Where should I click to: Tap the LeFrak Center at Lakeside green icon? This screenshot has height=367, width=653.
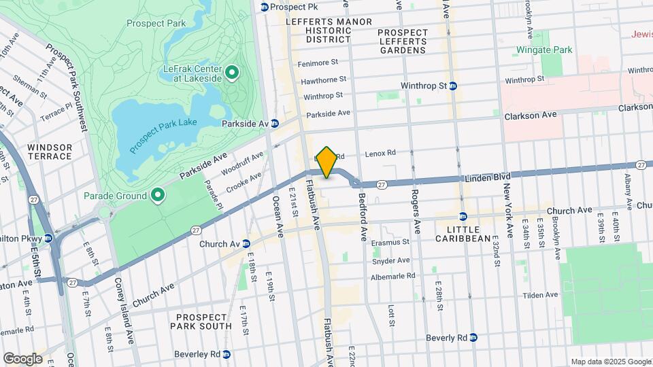[x=231, y=73]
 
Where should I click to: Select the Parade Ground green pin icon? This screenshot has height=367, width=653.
[x=158, y=196]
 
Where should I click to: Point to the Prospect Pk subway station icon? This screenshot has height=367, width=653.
[x=265, y=7]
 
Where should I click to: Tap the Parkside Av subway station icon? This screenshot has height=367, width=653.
[x=275, y=124]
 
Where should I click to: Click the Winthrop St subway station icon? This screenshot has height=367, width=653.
[x=453, y=86]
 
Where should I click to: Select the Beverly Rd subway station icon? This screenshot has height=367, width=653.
[x=475, y=338]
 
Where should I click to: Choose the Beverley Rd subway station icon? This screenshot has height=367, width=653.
[x=227, y=354]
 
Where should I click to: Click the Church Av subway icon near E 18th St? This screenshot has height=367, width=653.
[x=246, y=244]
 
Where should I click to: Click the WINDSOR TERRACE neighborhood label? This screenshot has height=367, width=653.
[x=50, y=152]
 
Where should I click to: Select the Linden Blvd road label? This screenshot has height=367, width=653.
[x=488, y=177]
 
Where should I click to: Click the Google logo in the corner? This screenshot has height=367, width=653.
[x=22, y=358]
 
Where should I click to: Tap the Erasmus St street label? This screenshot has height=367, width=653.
[x=390, y=241]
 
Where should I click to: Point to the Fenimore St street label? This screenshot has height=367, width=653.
[x=318, y=63]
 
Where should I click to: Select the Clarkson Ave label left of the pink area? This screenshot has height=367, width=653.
[x=530, y=116]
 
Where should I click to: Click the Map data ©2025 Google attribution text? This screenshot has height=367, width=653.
[x=610, y=362]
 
